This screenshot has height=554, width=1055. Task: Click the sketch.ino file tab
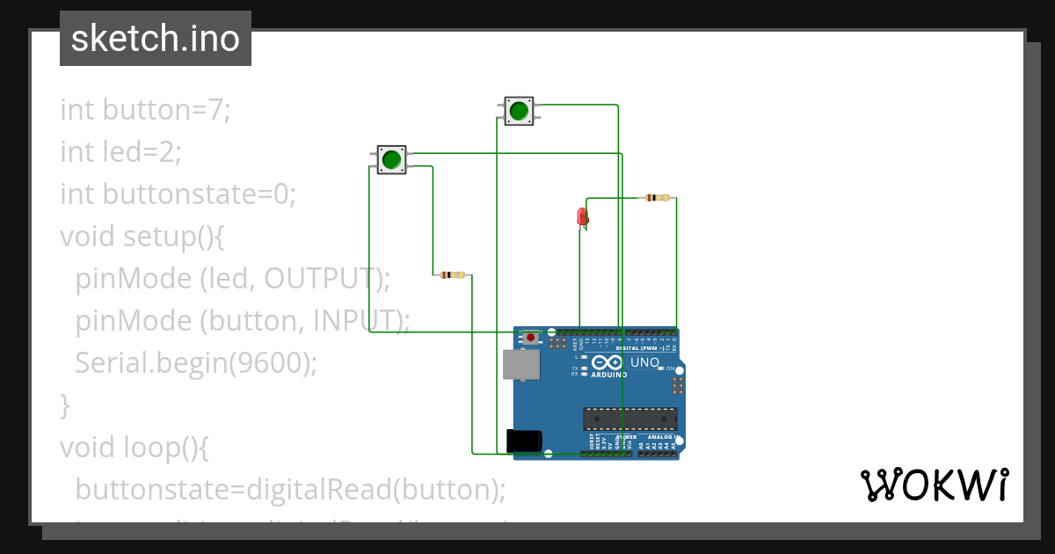coord(156,40)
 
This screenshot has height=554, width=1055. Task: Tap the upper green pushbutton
coord(519,111)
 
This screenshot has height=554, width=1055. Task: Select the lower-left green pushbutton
coord(391,160)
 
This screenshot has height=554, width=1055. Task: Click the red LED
coord(582,216)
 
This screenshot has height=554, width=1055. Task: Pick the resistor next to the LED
coord(656,198)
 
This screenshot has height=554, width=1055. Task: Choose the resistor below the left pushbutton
coord(452,275)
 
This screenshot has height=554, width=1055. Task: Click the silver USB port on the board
coord(520,364)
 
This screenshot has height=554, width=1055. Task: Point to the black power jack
coord(524,441)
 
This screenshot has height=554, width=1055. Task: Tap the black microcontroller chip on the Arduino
coord(629,420)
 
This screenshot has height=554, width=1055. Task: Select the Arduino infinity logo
coord(609,362)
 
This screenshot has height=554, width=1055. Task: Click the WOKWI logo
coord(934,485)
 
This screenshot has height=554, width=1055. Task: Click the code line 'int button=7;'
coord(145,111)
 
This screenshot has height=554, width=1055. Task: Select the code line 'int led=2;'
coord(120,153)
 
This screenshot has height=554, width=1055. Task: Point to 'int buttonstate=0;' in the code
coord(178,193)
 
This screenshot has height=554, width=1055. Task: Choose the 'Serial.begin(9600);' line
coord(195,362)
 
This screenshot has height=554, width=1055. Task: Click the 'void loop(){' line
coord(134,447)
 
